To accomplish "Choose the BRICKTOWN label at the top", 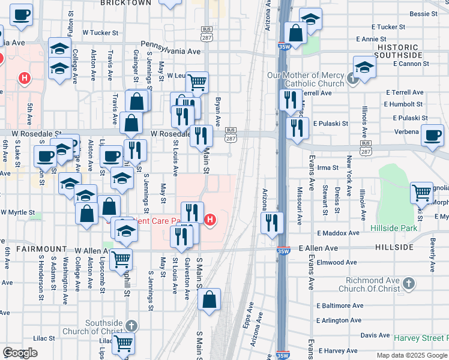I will [126, 3].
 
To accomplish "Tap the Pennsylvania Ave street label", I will [170, 52].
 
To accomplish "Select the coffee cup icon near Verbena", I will [432, 135].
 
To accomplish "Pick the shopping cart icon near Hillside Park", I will [422, 193].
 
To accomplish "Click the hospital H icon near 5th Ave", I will [24, 77].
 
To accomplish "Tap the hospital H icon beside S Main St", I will [209, 220].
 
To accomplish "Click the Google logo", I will [20, 353].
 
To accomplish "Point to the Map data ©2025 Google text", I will [412, 355].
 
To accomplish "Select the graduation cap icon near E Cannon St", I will [364, 67].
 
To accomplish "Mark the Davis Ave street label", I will [375, 335].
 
